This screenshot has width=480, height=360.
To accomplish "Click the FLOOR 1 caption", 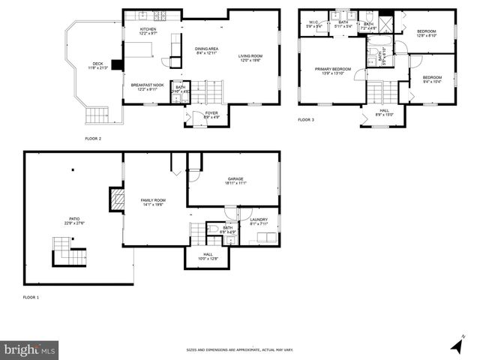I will point(31,298).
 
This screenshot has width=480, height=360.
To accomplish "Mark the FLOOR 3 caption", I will point(306,120).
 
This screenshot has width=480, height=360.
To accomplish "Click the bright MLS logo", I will point(30,349).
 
